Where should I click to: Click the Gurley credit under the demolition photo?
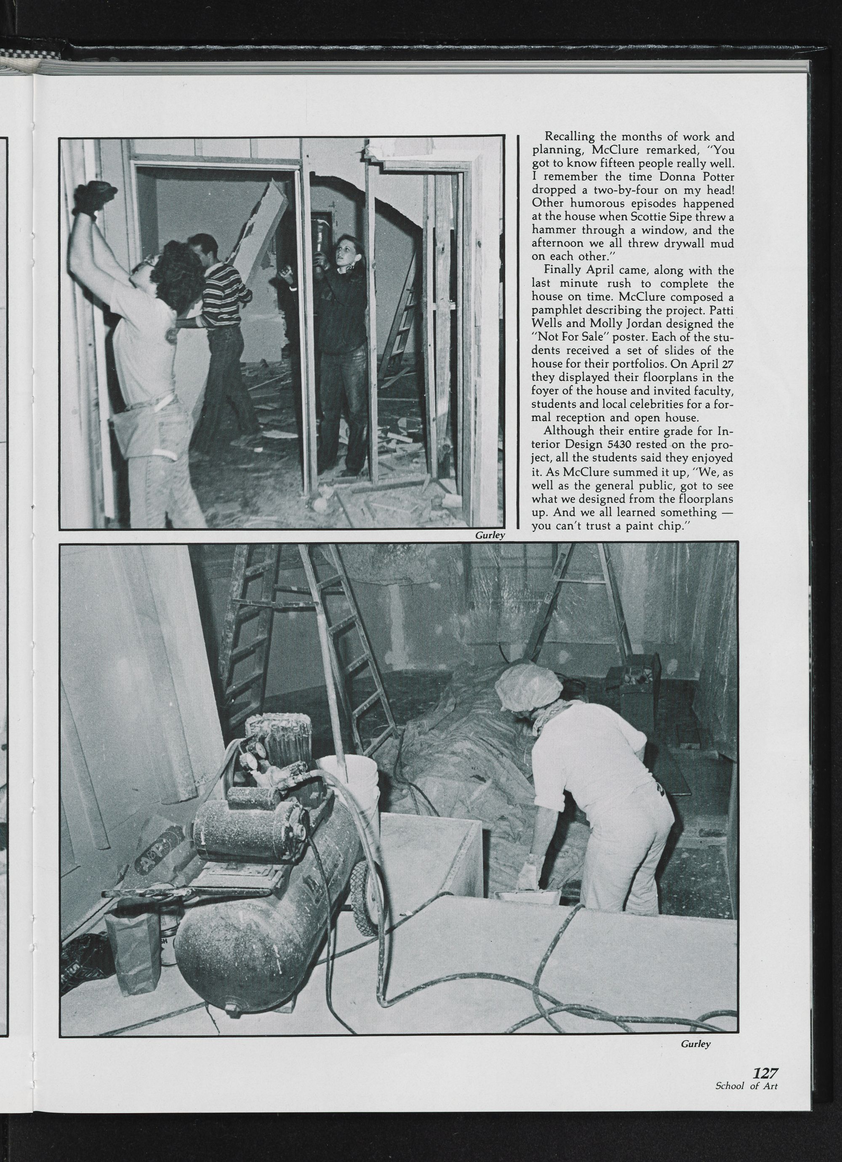click(x=490, y=536)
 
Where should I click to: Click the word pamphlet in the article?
click(x=556, y=310)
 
